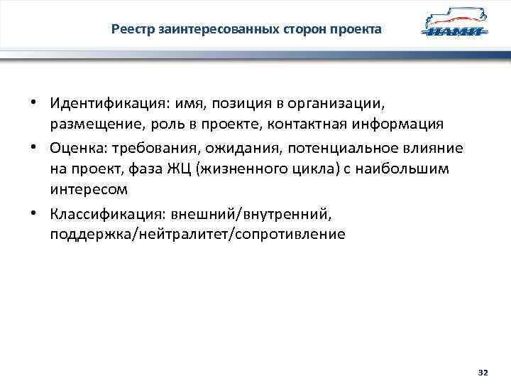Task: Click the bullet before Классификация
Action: pyautogui.click(x=33, y=212)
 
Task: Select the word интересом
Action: pyautogui.click(x=89, y=191)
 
